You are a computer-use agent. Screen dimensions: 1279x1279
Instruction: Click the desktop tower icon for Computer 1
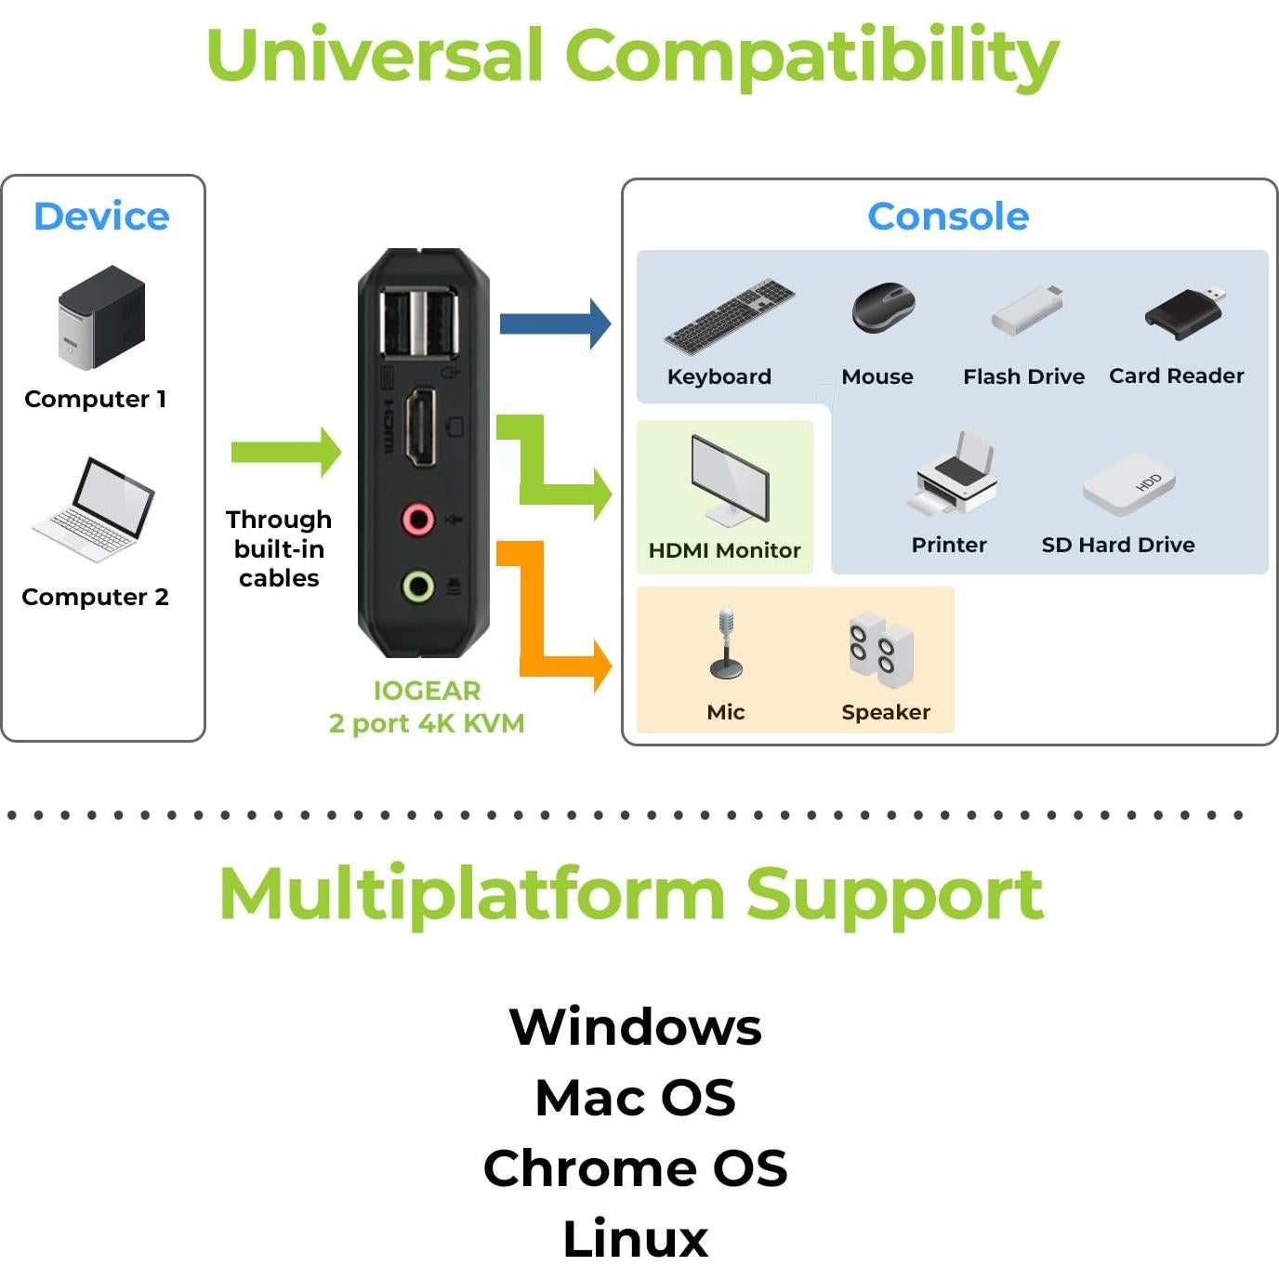(x=101, y=317)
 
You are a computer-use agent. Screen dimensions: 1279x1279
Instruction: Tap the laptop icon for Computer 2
(x=94, y=509)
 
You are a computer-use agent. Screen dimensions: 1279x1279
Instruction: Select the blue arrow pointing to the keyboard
(x=555, y=323)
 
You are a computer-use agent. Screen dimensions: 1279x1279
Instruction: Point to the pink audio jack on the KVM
(x=418, y=519)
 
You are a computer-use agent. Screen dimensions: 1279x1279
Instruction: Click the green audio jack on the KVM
(x=418, y=587)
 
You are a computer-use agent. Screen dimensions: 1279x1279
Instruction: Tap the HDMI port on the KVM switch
(x=421, y=428)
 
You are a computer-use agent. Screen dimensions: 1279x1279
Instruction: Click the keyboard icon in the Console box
(x=730, y=316)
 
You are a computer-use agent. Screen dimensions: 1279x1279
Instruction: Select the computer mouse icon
(x=883, y=308)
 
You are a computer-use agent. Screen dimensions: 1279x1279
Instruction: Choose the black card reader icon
(x=1185, y=312)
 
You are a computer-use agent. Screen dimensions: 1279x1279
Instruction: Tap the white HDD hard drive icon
(x=1129, y=484)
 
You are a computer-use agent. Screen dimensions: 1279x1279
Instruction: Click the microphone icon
(x=726, y=643)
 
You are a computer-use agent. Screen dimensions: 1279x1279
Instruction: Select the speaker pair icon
(x=881, y=649)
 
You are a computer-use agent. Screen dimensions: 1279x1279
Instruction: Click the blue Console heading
(x=948, y=217)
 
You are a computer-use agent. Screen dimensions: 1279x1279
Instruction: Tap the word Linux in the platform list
(x=635, y=1238)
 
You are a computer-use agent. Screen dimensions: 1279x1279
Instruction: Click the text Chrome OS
(x=635, y=1168)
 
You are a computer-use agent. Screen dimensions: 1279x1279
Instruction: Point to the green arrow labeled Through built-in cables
(x=286, y=453)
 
